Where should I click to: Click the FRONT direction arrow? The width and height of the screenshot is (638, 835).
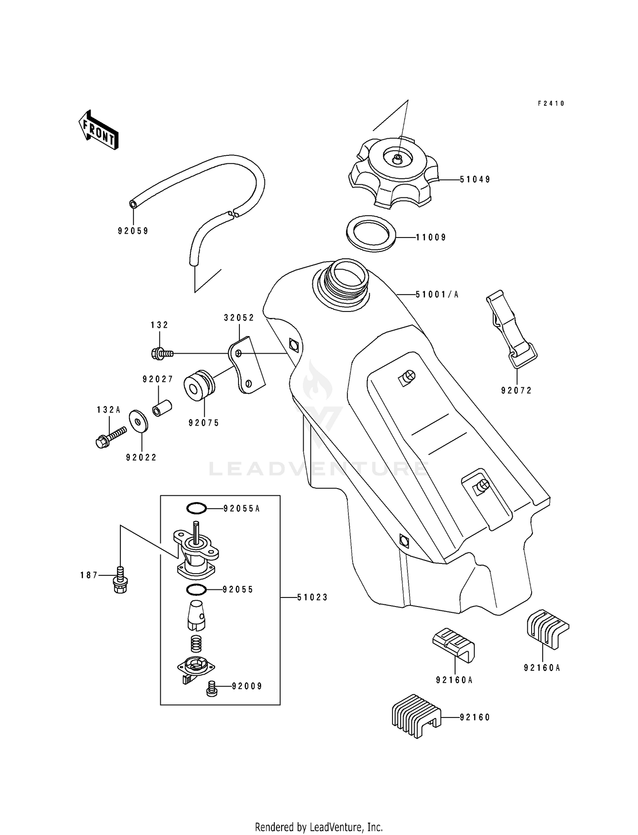98,130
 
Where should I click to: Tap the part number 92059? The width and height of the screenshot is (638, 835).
133,231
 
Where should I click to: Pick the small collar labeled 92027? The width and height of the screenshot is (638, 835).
162,408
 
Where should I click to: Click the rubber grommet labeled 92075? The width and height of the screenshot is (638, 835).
199,385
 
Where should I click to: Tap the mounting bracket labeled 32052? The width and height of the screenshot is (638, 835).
247,366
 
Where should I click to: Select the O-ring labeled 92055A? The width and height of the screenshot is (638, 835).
197,508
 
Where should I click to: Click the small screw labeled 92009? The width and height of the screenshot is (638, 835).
211,689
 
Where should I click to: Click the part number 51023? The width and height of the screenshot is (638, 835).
312,598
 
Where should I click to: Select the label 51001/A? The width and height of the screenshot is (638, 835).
437,295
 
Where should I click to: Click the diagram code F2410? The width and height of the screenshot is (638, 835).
551,103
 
